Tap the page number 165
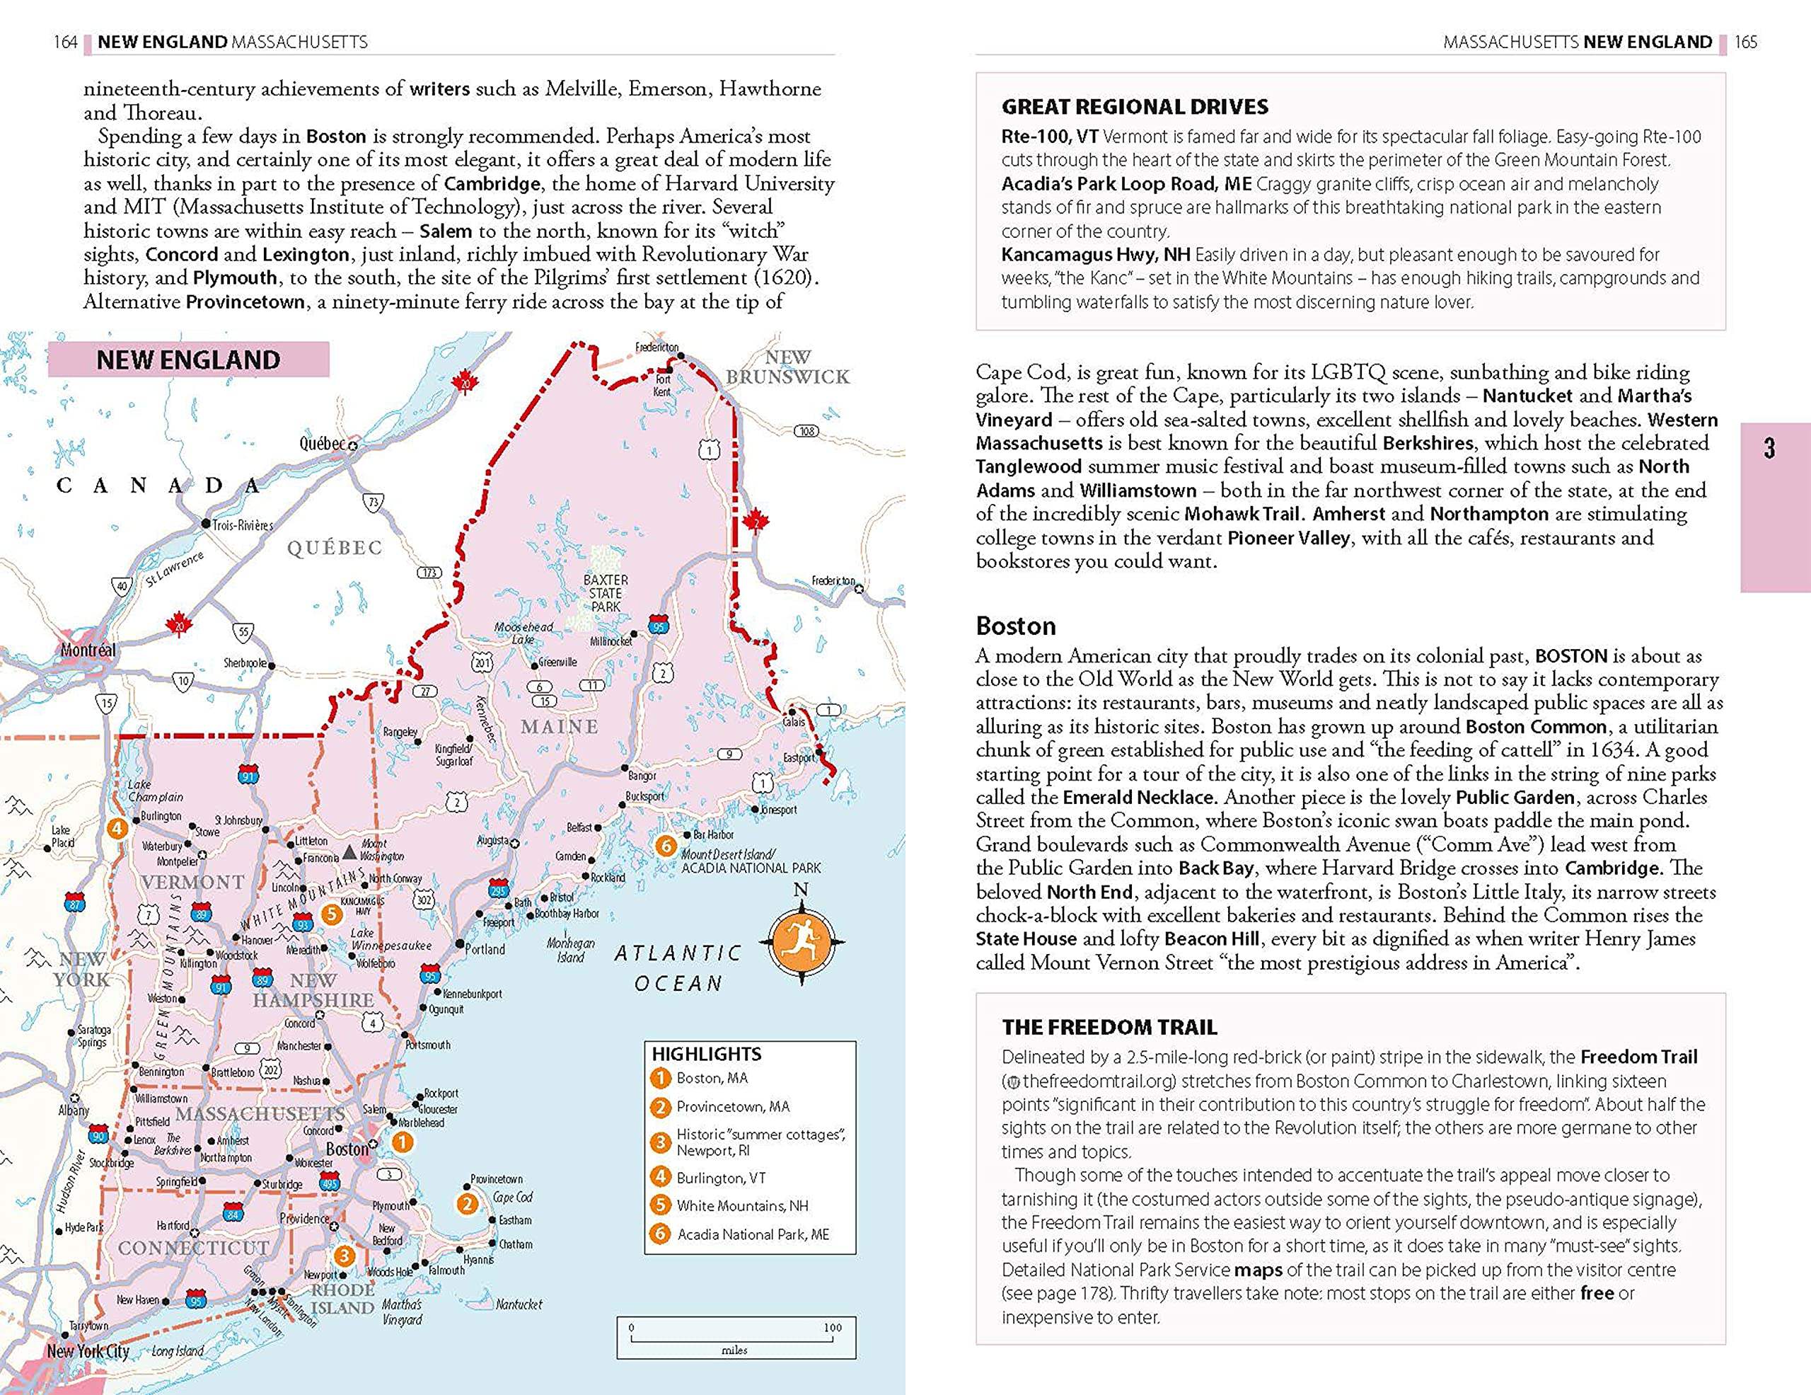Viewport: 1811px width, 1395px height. (1745, 42)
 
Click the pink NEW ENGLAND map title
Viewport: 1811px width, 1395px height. (188, 360)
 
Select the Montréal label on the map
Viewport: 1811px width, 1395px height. (88, 650)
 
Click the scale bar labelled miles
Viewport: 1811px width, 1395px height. (735, 1338)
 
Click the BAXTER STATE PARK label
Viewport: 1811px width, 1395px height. (606, 593)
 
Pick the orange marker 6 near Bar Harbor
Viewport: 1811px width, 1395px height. (665, 845)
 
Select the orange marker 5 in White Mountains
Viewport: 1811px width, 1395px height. (331, 914)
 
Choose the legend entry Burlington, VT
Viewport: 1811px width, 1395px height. (721, 1178)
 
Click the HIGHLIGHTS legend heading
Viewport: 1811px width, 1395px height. (706, 1054)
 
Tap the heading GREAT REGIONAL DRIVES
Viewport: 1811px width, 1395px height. (1135, 107)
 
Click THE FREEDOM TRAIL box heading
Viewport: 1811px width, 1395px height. (1109, 1027)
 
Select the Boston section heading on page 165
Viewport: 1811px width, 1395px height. (1016, 626)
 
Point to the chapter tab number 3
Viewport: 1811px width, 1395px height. (1769, 449)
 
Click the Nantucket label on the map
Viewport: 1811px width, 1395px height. (519, 1304)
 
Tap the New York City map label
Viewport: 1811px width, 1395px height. (88, 1351)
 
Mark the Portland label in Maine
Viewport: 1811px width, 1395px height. (485, 950)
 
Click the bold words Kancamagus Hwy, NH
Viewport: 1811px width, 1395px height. (1095, 255)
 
